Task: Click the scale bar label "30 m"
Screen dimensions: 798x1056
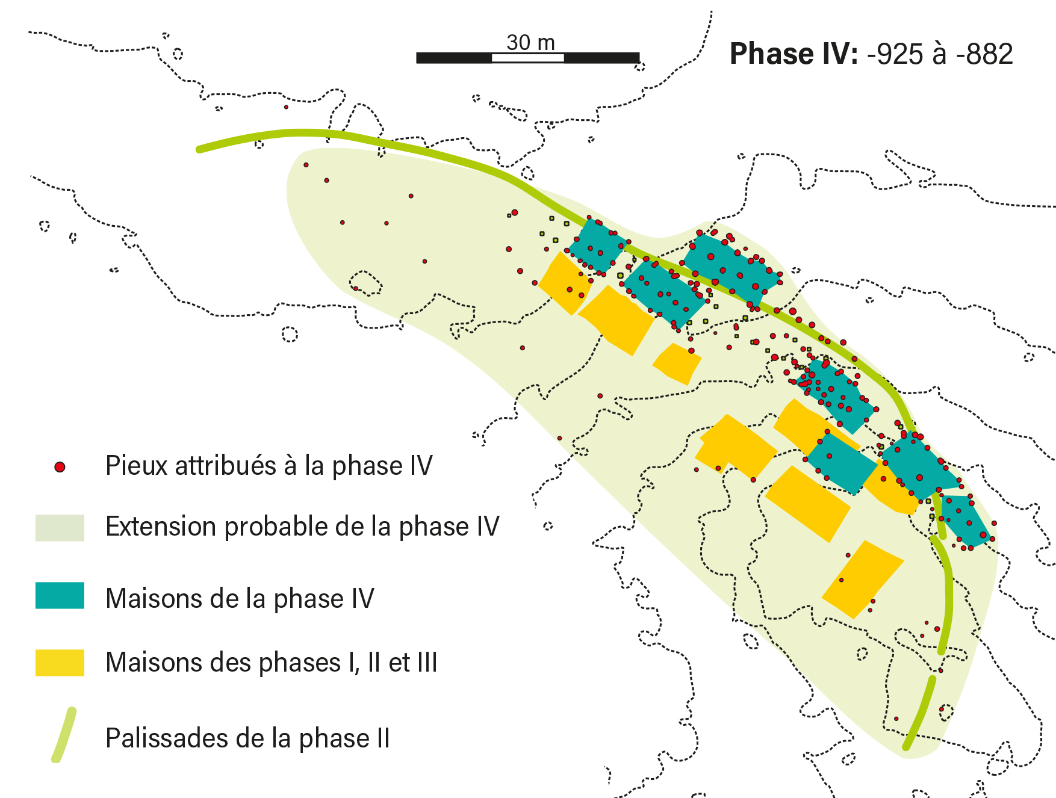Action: click(x=530, y=43)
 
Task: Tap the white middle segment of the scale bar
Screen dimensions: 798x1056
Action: click(x=528, y=58)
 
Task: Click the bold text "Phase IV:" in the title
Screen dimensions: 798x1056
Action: click(x=794, y=54)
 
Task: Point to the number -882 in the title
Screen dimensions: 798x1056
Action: click(x=985, y=54)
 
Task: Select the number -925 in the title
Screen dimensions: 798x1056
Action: click(x=895, y=54)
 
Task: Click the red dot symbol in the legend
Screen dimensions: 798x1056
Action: click(x=60, y=467)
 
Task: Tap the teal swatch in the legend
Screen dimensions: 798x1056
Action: click(x=60, y=595)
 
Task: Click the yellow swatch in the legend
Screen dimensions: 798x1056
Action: click(x=60, y=662)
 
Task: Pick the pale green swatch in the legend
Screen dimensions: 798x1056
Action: click(x=60, y=528)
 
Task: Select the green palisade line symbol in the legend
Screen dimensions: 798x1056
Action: click(x=64, y=735)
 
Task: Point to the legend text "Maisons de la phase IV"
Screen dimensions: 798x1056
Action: click(x=240, y=599)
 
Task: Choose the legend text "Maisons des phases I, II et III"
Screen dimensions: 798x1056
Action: click(x=271, y=663)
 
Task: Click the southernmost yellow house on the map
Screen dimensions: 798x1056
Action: click(x=862, y=579)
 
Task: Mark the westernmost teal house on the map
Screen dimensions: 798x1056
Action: click(x=596, y=246)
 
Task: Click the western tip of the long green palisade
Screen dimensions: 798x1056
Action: click(x=200, y=149)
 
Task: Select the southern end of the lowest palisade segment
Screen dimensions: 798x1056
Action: click(x=906, y=747)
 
